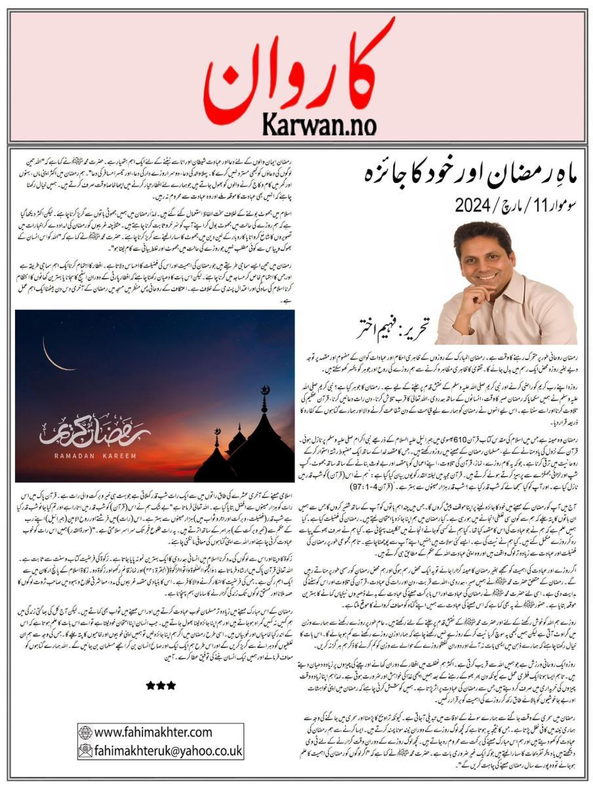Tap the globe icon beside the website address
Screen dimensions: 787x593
pyautogui.click(x=85, y=732)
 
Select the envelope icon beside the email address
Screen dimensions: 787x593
pyautogui.click(x=85, y=750)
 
